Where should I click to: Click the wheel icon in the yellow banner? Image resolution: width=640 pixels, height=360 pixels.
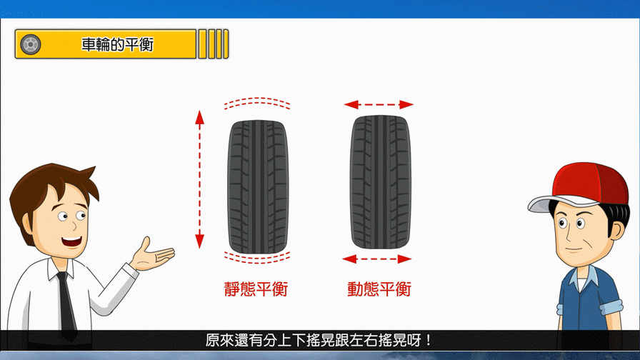click(x=31, y=44)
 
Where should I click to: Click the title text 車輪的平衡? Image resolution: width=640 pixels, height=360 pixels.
click(x=118, y=44)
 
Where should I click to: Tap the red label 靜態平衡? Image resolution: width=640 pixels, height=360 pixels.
click(x=256, y=289)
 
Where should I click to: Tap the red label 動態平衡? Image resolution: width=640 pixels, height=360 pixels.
click(x=379, y=289)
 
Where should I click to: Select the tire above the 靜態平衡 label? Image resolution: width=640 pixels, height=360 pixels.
click(x=258, y=186)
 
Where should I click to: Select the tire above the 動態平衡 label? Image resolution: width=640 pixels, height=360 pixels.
click(x=381, y=182)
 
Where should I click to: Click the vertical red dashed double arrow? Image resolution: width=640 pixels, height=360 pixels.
click(x=199, y=179)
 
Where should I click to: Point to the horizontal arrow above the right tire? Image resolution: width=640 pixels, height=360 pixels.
click(x=379, y=105)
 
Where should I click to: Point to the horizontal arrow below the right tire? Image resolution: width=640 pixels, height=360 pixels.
click(x=376, y=259)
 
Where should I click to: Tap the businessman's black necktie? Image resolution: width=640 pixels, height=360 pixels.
click(x=66, y=302)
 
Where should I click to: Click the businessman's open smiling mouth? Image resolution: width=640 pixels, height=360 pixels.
click(x=72, y=241)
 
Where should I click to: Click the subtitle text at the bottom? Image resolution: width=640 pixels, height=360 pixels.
click(x=319, y=340)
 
